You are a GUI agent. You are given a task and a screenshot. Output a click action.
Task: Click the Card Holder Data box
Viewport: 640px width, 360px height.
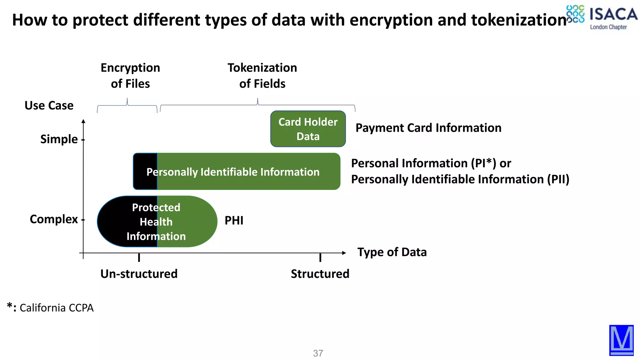click(x=308, y=129)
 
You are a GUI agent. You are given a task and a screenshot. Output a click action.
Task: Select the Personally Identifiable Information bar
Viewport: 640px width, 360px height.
click(x=237, y=172)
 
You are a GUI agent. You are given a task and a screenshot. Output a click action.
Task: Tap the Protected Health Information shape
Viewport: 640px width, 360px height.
click(x=157, y=222)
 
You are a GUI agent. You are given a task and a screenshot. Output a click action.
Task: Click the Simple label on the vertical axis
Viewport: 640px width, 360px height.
click(x=59, y=139)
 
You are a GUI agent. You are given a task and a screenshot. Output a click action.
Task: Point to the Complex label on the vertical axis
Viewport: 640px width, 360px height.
click(x=53, y=219)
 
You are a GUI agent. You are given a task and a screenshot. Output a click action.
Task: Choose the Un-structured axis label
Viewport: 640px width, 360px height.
click(x=139, y=274)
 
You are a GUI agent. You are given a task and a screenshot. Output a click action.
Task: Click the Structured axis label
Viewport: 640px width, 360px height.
click(x=320, y=274)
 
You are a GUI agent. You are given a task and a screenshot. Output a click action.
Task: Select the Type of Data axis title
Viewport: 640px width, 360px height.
click(x=392, y=252)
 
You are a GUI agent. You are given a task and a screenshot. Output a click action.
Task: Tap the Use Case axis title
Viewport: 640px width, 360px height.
click(x=49, y=106)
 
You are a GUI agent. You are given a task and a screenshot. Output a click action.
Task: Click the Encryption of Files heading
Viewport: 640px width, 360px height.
click(x=130, y=76)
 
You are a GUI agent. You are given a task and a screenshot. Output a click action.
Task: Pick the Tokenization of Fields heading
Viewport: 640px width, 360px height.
click(x=262, y=76)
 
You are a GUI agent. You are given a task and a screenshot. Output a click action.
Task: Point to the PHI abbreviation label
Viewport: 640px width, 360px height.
click(x=234, y=221)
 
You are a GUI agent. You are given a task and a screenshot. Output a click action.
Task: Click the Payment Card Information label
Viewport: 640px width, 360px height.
click(x=428, y=128)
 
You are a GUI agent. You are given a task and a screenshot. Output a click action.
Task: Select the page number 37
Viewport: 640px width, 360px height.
click(x=318, y=353)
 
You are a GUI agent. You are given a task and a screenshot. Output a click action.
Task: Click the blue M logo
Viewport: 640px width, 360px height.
click(x=621, y=340)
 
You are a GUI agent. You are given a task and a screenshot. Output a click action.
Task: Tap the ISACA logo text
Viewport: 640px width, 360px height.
click(x=613, y=15)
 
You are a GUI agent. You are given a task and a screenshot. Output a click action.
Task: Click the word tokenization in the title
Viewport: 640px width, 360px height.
click(x=519, y=20)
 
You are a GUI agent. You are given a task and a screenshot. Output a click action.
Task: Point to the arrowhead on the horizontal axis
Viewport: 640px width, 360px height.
click(x=344, y=253)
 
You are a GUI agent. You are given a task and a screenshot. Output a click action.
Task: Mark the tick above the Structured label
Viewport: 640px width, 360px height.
click(x=320, y=257)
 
